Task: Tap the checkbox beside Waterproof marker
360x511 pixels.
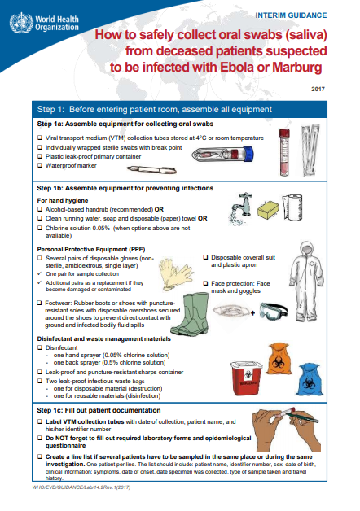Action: point(41,166)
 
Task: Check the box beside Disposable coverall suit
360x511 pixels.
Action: point(204,258)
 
